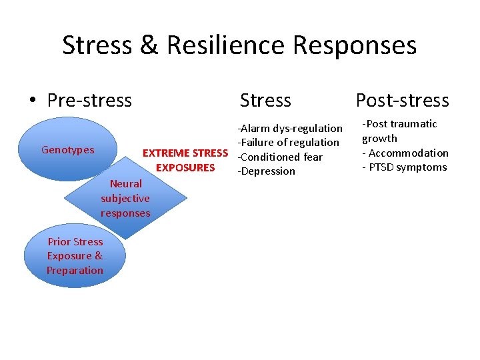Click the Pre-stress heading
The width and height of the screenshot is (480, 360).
click(89, 101)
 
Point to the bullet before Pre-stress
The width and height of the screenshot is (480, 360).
click(32, 101)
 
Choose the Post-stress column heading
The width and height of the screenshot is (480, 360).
click(402, 101)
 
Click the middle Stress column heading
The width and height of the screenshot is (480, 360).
click(265, 101)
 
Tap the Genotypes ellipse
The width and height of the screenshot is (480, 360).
click(68, 150)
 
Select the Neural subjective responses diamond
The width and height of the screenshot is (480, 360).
click(126, 198)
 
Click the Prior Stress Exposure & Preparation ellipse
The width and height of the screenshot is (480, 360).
click(75, 256)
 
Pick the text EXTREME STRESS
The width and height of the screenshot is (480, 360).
click(185, 153)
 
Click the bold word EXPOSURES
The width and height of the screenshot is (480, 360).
click(185, 167)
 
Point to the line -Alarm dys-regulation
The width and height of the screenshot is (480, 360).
click(290, 128)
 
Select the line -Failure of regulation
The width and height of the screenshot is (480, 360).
click(288, 142)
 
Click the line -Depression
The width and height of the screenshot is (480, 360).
click(266, 171)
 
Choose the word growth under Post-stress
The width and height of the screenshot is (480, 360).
click(379, 139)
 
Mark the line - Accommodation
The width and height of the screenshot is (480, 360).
click(405, 153)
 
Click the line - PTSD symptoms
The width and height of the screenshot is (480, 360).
click(405, 167)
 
